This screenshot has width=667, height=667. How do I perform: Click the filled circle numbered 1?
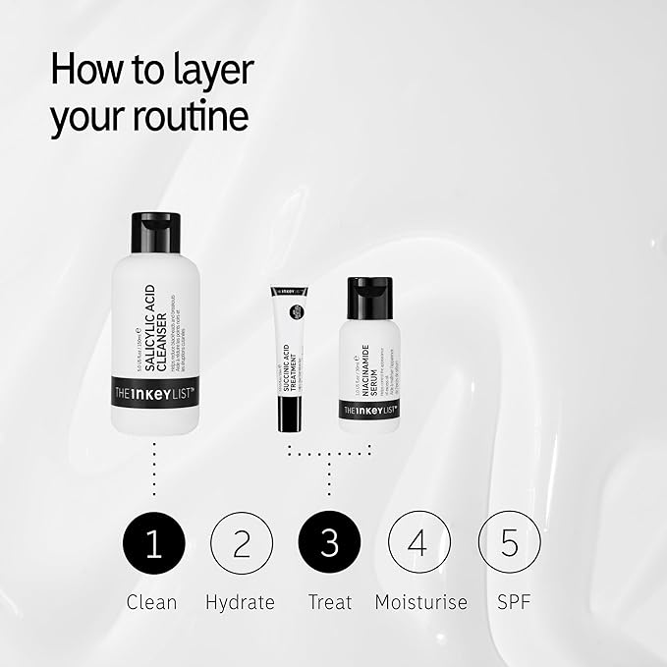(x=153, y=543)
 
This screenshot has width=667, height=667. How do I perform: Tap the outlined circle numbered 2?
(x=242, y=543)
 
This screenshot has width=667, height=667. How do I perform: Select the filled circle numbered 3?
(x=329, y=543)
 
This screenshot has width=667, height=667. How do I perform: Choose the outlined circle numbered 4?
(x=419, y=543)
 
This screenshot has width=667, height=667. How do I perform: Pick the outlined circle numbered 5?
(x=509, y=543)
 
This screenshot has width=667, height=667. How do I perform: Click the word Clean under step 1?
(x=152, y=602)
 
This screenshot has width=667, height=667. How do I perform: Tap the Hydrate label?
(x=241, y=602)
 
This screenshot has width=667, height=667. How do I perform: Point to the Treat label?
(x=329, y=602)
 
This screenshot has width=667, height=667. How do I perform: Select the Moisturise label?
(x=420, y=602)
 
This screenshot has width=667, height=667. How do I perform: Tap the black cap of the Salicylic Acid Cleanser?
(x=155, y=233)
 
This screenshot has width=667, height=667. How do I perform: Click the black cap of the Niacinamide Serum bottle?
(x=369, y=298)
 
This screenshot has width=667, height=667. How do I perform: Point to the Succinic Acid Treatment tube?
(x=290, y=359)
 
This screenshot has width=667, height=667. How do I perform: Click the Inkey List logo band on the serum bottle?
(x=369, y=410)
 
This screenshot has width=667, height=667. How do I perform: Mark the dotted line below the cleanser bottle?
(x=154, y=470)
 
